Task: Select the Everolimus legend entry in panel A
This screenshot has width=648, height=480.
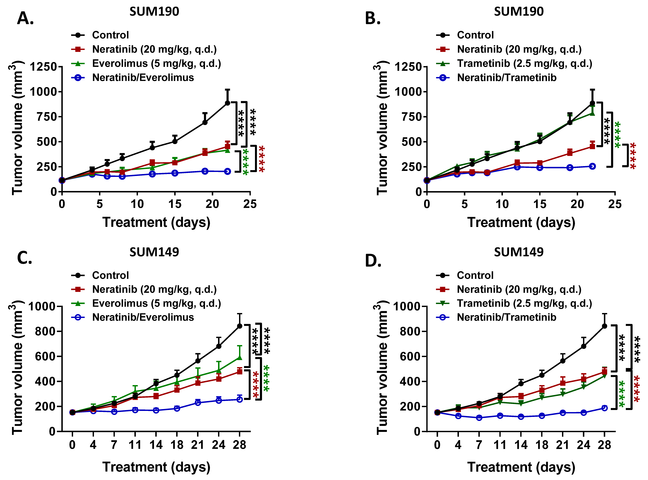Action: coord(156,63)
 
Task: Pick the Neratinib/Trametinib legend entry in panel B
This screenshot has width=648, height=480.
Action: coord(507,78)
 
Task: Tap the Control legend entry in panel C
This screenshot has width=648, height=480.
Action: coord(110,275)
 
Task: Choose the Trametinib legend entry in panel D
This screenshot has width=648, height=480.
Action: coord(524,303)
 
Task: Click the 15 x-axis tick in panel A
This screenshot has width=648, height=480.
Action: coord(175,204)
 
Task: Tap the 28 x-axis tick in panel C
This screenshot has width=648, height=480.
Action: coord(239,445)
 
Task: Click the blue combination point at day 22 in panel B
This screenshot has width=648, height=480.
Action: coord(592,166)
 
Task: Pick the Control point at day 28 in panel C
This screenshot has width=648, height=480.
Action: coord(239,326)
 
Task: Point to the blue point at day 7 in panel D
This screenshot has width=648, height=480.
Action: coord(479,418)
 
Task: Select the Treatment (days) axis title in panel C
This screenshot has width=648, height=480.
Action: coord(156,467)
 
